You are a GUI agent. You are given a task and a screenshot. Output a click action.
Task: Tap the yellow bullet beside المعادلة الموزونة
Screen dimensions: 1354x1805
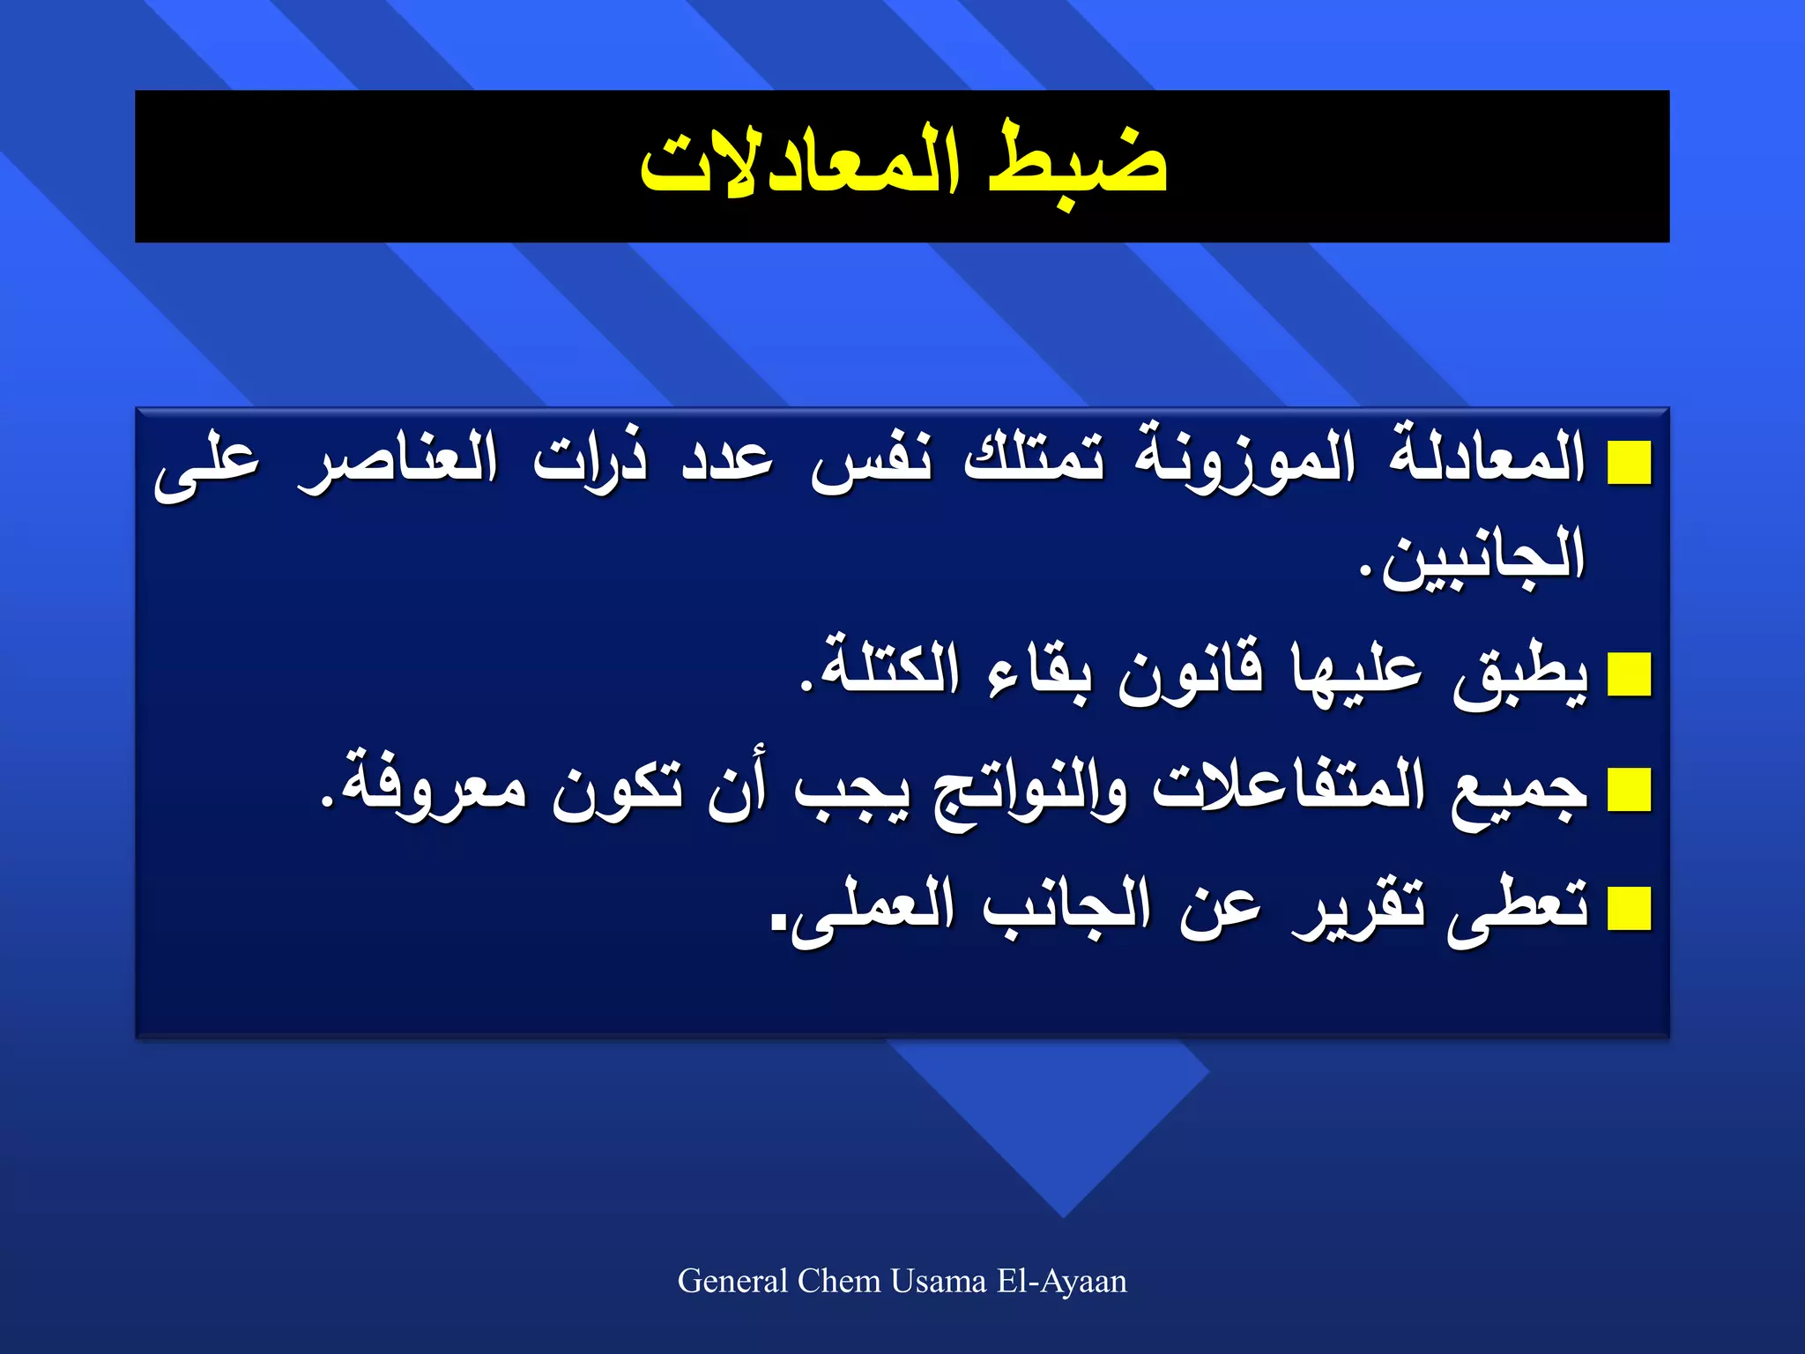pyautogui.click(x=1629, y=464)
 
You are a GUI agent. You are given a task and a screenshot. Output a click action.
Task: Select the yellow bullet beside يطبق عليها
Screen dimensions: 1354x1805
pyautogui.click(x=1629, y=676)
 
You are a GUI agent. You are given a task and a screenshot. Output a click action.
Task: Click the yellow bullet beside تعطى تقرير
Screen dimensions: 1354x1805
pyautogui.click(x=1629, y=910)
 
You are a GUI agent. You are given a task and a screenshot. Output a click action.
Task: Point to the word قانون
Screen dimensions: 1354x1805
pyautogui.click(x=1190, y=674)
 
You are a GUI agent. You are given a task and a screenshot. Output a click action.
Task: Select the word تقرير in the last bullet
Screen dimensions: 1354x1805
pyautogui.click(x=1357, y=908)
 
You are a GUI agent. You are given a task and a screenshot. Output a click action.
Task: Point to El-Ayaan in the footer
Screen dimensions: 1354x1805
pyautogui.click(x=1062, y=1281)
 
